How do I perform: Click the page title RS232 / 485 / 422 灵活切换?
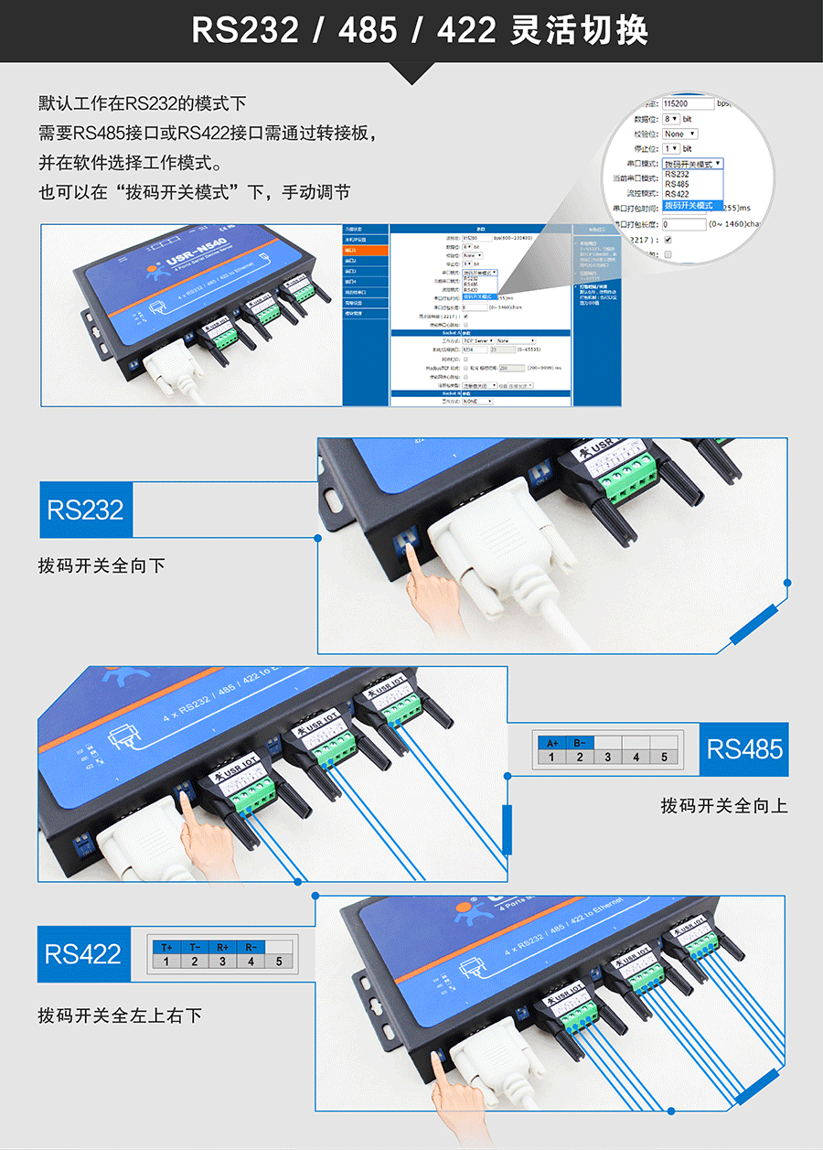(420, 31)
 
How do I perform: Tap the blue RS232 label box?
(85, 510)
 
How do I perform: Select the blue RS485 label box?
(744, 749)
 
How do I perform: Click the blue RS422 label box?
(83, 954)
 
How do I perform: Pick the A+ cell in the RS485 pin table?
(551, 743)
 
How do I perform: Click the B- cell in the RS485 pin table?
(580, 743)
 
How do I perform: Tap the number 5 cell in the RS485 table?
(664, 758)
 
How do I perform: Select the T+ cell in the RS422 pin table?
(166, 948)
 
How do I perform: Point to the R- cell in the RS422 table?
(251, 948)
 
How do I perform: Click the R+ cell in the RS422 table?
(222, 948)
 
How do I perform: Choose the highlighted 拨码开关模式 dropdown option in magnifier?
(692, 205)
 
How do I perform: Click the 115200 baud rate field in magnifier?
(687, 104)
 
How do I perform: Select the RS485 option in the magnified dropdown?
(678, 184)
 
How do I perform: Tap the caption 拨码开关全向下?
(102, 565)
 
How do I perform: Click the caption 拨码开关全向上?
(723, 806)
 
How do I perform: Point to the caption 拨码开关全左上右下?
(120, 1016)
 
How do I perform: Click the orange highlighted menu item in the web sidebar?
(365, 249)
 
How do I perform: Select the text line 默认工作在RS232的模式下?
(142, 103)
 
